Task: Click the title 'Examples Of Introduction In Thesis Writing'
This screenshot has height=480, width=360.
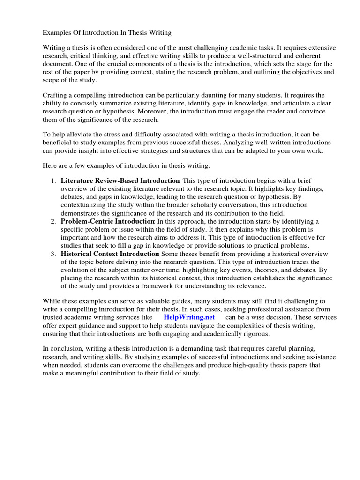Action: [107, 33]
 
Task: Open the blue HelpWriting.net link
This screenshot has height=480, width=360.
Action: [189, 317]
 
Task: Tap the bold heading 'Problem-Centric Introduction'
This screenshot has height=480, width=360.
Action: [107, 221]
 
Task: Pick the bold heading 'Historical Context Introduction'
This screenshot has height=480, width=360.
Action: [110, 254]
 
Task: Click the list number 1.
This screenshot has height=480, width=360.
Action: [53, 180]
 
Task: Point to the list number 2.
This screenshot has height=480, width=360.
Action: [53, 221]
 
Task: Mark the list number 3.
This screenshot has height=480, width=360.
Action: [53, 254]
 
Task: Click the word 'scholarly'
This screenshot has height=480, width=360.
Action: [212, 205]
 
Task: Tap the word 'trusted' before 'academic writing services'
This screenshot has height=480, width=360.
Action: [54, 317]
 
